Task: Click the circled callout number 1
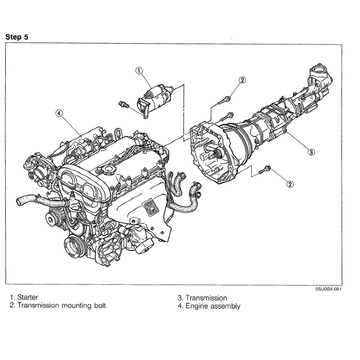pos(139,71)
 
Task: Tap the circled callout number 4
pos(59,113)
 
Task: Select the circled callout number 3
pos(311,152)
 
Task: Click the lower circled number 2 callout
pos(290,184)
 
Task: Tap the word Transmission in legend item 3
pos(206,298)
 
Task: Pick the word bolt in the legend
pos(98,305)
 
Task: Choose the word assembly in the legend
pos(225,306)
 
